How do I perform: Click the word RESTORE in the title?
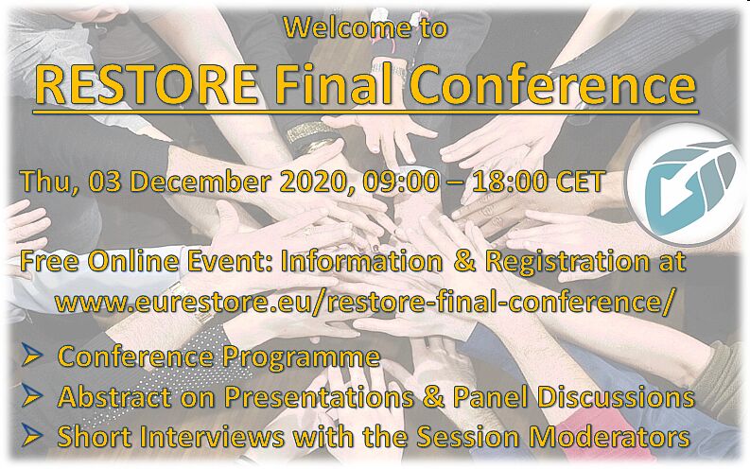[x=147, y=84]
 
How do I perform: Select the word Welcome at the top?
[x=347, y=27]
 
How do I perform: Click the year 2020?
[x=317, y=182]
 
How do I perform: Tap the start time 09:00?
[x=401, y=182]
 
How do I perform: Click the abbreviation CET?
[x=580, y=182]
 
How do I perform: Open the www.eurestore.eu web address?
[x=363, y=302]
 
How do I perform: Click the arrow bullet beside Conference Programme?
[x=32, y=356]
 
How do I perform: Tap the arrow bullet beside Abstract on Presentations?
[x=32, y=396]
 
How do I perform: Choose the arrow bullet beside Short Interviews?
[x=32, y=436]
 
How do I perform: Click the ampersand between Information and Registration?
[x=462, y=262]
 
